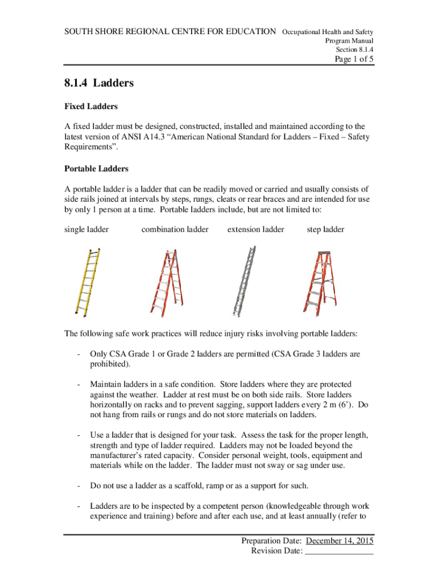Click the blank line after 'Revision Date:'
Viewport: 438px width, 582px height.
coord(339,551)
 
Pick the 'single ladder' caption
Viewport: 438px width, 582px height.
coord(86,230)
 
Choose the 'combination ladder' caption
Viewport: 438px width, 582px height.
coord(175,230)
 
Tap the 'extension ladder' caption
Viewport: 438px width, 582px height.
coord(255,230)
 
